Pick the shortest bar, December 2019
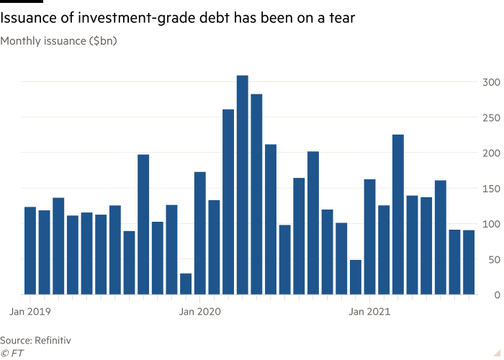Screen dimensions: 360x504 tap(186, 284)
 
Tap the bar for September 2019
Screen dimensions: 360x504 tap(143, 224)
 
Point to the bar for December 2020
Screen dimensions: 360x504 tap(355, 277)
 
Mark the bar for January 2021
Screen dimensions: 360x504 tap(369, 237)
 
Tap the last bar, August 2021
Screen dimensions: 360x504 tap(469, 262)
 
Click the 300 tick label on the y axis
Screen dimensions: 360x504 tap(490, 82)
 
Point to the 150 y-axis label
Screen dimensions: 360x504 tap(490, 188)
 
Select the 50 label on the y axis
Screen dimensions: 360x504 tap(492, 258)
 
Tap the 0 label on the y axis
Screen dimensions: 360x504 tap(495, 294)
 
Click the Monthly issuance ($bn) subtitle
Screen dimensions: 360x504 tap(58, 41)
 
